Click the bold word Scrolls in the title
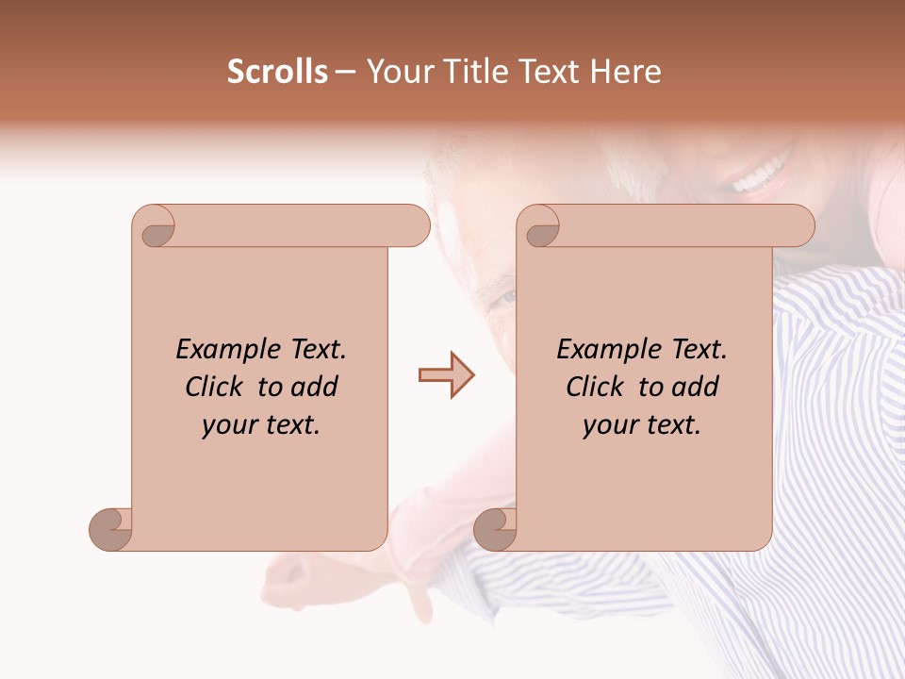point(277,72)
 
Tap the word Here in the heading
point(625,72)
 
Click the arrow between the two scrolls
point(447,375)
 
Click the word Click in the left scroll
point(215,387)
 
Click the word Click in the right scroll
point(595,387)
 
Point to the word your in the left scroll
point(228,425)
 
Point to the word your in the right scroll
point(609,425)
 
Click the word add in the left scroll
point(314,387)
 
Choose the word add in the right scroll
point(695,387)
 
